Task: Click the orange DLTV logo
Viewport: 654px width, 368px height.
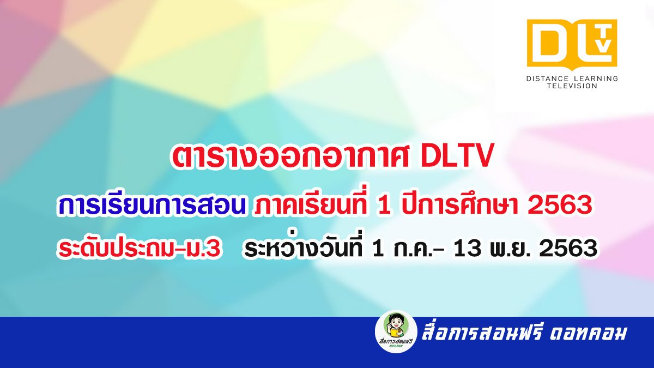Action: (x=572, y=44)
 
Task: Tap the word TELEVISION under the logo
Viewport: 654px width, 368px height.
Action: (x=572, y=86)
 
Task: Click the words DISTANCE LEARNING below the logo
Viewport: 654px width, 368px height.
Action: (x=572, y=79)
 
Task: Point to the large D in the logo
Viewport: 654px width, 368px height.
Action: (x=548, y=43)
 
